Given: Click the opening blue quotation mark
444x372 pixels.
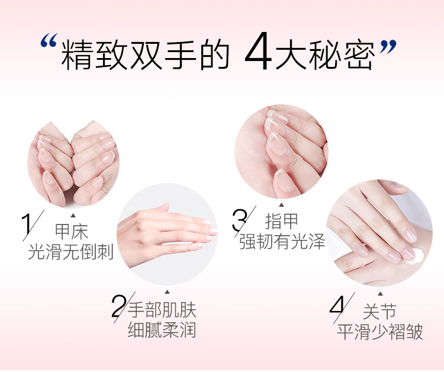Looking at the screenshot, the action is coord(49,40).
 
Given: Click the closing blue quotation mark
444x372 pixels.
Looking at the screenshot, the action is coord(387,47).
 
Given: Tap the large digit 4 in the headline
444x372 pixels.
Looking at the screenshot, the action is coord(258,51).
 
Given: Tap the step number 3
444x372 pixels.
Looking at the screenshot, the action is coord(239,220).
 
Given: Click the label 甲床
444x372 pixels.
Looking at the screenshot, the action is coord(72,232).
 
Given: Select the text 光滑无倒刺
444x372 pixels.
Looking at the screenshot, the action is coord(71,251).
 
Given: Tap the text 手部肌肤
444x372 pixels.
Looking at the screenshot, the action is coord(162,310).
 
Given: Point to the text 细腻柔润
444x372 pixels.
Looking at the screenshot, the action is coord(162,329).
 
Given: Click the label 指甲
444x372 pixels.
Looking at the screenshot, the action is coord(281,221).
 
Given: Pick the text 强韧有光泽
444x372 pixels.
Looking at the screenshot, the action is coord(282,242).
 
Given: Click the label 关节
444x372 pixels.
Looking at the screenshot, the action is coord(379,311).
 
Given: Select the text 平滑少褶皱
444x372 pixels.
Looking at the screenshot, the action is coord(380,331).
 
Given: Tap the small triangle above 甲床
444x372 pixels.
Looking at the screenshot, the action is coord(73,216).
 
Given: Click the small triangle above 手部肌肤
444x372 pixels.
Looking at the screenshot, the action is coord(167,292).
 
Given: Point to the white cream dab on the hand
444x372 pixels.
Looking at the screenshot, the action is coord(416,256).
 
